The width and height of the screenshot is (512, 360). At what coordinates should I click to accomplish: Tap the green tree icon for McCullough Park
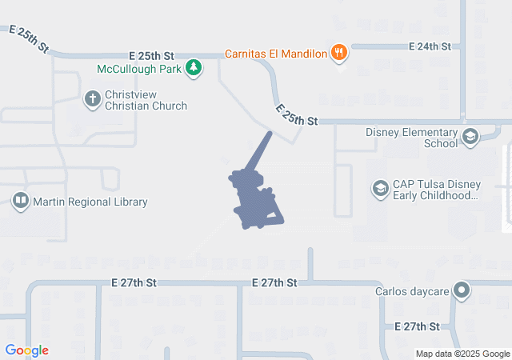click(x=193, y=68)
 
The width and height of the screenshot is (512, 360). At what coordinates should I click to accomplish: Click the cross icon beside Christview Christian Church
click(x=92, y=99)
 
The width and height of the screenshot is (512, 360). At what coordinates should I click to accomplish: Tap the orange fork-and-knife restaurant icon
click(x=340, y=53)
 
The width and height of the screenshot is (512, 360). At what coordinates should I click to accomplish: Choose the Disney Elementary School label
click(x=411, y=138)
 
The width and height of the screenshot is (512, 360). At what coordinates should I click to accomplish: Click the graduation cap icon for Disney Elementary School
click(x=470, y=138)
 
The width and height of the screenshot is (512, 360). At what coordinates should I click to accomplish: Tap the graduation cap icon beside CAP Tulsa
click(x=380, y=189)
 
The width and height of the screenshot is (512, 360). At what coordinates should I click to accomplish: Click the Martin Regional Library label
click(x=90, y=202)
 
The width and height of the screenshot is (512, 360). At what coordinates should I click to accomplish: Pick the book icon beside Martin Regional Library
click(x=21, y=202)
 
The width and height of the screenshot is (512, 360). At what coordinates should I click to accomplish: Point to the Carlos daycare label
click(x=413, y=291)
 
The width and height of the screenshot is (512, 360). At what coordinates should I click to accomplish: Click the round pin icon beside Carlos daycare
click(x=461, y=290)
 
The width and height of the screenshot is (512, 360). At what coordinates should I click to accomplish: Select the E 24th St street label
click(x=430, y=47)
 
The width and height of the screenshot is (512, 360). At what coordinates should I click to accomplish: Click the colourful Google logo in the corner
click(x=27, y=350)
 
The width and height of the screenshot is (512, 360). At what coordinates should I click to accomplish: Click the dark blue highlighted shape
click(x=254, y=200)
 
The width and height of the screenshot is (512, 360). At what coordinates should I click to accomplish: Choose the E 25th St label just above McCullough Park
click(x=151, y=56)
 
